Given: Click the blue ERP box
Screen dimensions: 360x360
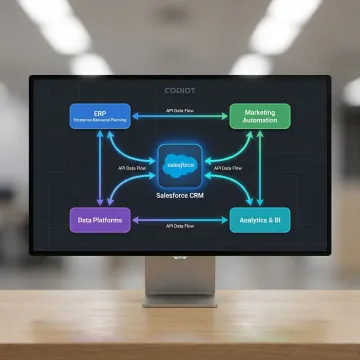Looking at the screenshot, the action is [x=100, y=116].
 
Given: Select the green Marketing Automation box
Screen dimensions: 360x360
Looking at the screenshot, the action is [x=260, y=116].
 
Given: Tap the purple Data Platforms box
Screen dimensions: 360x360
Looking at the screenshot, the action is [x=100, y=219].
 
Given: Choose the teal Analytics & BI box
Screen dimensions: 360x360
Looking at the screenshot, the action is [x=260, y=219].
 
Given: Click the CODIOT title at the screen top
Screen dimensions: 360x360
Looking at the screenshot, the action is [x=180, y=90].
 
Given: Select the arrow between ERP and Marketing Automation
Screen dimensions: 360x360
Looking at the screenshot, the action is [x=180, y=116].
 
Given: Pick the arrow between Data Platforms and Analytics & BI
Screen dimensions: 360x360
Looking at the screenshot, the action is [x=180, y=220].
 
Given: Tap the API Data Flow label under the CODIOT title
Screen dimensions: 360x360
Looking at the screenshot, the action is [x=180, y=106].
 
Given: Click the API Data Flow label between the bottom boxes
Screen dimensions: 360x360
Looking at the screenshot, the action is [x=180, y=228].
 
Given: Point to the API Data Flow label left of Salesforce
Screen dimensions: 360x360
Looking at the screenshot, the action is [x=133, y=168].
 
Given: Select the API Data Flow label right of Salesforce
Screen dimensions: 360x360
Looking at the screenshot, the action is [x=228, y=168].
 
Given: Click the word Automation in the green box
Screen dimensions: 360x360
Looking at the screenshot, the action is [x=260, y=121].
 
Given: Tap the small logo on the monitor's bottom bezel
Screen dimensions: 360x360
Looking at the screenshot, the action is [x=180, y=254].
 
